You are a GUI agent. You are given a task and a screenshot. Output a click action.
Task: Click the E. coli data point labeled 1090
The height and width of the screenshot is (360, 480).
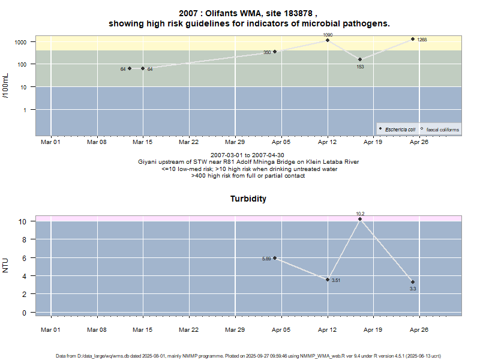[328, 40]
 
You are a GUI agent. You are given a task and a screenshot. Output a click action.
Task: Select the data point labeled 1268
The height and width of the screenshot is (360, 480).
[413, 39]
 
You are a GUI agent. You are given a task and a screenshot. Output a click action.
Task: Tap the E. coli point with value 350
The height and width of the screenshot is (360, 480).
[275, 52]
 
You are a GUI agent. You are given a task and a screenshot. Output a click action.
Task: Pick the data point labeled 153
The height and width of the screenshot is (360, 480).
[360, 59]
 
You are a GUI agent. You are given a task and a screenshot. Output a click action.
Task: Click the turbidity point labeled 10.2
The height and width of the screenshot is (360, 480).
[360, 219]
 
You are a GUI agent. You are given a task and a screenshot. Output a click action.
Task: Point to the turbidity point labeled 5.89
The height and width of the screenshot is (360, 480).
[275, 258]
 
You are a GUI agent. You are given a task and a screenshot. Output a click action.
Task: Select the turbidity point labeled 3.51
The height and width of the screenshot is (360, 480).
[328, 280]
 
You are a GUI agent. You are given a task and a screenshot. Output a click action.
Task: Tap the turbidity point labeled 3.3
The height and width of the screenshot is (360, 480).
[413, 282]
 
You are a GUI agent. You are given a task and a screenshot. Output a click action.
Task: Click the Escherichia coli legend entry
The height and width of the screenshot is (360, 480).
[398, 129]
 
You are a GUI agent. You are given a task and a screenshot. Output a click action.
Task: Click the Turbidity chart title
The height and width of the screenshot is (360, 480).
[248, 199]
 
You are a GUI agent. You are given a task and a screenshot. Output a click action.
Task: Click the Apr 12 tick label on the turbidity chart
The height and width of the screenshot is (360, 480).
[328, 329]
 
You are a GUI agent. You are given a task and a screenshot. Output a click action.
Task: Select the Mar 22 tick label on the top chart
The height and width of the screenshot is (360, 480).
[189, 142]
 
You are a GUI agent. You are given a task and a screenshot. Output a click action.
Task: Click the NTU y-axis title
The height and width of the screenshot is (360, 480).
[7, 265]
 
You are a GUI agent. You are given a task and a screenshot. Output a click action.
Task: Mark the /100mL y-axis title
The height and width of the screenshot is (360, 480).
[7, 86]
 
